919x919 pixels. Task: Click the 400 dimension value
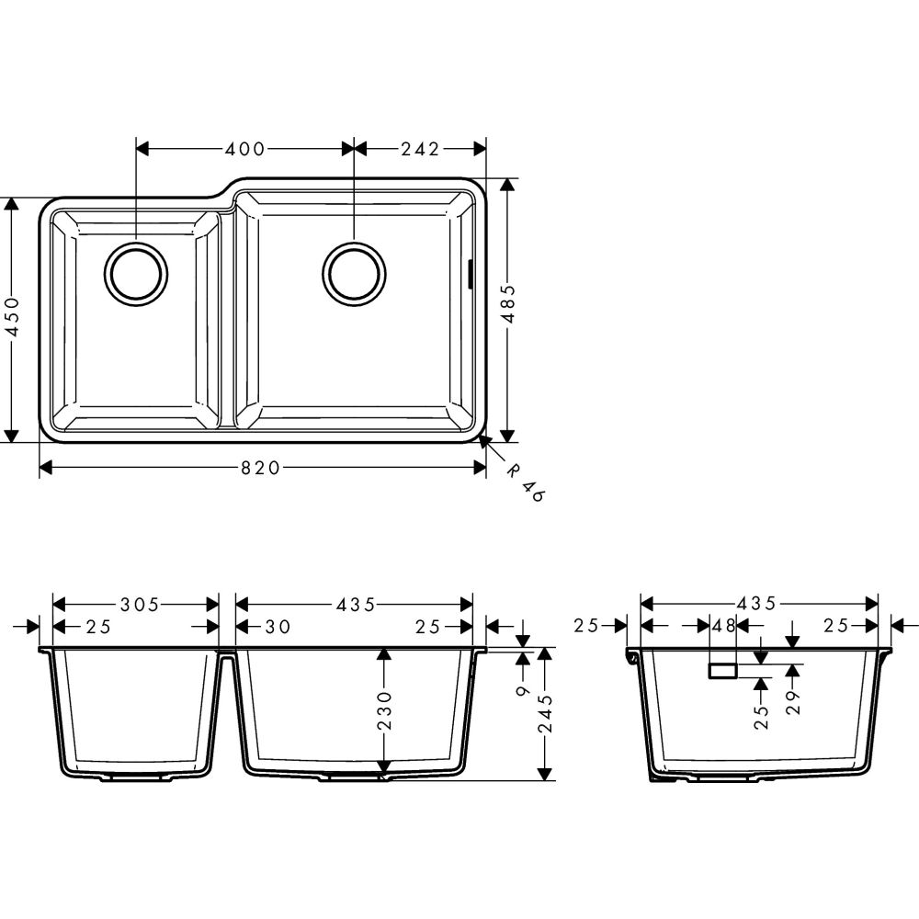click(245, 148)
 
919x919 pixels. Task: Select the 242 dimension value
click(420, 148)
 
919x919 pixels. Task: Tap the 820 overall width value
click(260, 469)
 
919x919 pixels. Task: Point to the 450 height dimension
click(11, 317)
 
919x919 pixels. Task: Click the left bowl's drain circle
click(136, 273)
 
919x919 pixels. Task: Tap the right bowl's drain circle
click(354, 273)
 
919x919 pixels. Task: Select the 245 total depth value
click(545, 713)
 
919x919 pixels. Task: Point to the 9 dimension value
click(522, 689)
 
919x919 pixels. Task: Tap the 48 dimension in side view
click(724, 627)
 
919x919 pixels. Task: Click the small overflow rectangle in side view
click(721, 671)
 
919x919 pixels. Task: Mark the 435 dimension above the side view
click(759, 604)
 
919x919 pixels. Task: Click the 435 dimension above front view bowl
click(356, 604)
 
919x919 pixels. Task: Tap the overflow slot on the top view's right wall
click(471, 273)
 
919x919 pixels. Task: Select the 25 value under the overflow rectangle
click(761, 717)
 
